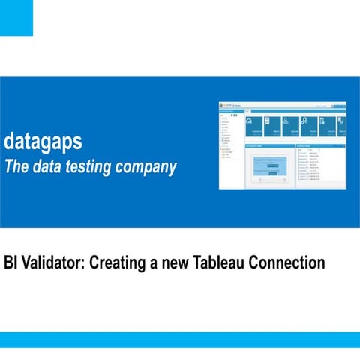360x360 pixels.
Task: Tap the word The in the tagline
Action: point(16,166)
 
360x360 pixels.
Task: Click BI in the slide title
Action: point(11,263)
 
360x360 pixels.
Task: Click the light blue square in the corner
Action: point(16,17)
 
